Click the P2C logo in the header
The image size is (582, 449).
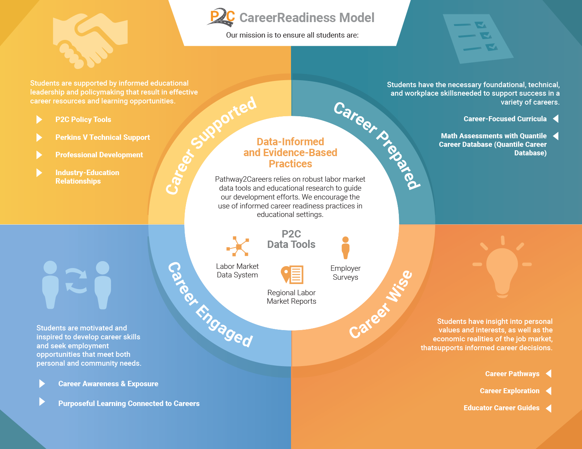221,17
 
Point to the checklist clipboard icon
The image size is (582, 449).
478,39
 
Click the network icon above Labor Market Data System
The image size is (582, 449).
238,246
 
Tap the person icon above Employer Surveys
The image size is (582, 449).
345,248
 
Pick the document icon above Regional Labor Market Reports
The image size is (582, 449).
292,274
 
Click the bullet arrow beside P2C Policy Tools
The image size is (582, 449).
39,119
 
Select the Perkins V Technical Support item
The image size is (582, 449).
102,138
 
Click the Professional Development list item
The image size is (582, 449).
99,155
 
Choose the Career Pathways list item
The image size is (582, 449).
512,373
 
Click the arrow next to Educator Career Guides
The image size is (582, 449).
549,408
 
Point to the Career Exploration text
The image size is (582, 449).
509,391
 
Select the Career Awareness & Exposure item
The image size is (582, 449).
108,384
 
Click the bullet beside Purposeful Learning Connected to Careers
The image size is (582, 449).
42,402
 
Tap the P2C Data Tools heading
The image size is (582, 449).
291,239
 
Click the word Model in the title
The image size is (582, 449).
357,18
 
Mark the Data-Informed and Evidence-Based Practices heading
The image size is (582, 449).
290,153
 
